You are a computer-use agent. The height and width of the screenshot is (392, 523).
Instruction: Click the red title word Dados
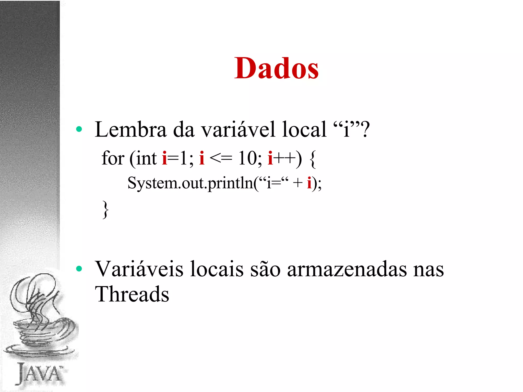[x=276, y=68]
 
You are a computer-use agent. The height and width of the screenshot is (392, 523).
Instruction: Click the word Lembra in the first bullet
[x=130, y=130]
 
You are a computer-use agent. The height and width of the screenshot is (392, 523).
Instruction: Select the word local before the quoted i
[x=304, y=130]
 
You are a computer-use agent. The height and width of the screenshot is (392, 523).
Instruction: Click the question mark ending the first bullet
[x=365, y=130]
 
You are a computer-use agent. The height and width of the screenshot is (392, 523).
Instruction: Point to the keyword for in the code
[x=113, y=158]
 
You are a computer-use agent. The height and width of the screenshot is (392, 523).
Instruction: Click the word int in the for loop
[x=146, y=158]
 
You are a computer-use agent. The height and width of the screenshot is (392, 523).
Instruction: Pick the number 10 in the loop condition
[x=247, y=158]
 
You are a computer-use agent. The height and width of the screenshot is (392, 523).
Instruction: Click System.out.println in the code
[x=190, y=183]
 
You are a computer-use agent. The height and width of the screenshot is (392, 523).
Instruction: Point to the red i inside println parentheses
[x=309, y=183]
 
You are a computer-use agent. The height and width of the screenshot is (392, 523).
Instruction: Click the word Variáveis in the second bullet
[x=139, y=269]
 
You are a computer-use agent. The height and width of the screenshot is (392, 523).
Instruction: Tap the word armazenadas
[x=347, y=269]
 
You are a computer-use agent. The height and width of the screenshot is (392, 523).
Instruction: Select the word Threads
[x=132, y=294]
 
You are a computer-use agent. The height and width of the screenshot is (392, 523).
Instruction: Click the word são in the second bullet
[x=265, y=269]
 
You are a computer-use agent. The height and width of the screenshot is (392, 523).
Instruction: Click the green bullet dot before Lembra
[x=79, y=129]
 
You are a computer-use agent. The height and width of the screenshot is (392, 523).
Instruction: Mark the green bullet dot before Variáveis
[x=79, y=268]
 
